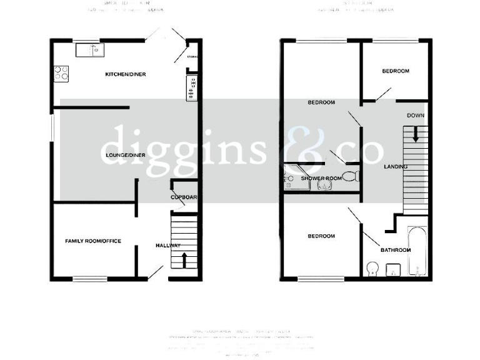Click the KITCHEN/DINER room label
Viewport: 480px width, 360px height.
pos(125,74)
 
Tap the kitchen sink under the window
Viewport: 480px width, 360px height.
pos(91,49)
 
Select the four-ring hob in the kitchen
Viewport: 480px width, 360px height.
pos(61,74)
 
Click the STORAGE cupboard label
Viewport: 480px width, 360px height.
pos(192,57)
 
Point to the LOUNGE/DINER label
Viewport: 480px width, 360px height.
pos(125,155)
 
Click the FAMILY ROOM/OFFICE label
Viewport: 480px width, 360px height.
pos(93,241)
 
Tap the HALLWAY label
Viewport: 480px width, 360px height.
pos(168,246)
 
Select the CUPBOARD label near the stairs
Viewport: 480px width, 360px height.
pos(184,198)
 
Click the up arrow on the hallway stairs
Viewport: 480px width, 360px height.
pos(184,259)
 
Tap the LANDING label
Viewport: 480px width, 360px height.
pos(396,167)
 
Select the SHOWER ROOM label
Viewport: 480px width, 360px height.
pos(321,179)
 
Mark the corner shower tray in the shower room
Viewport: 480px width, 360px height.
pos(291,177)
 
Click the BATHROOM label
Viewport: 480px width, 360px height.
pos(396,251)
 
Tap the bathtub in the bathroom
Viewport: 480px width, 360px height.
pos(417,250)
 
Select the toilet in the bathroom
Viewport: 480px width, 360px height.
pos(372,269)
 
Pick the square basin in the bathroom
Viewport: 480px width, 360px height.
pos(394,270)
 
